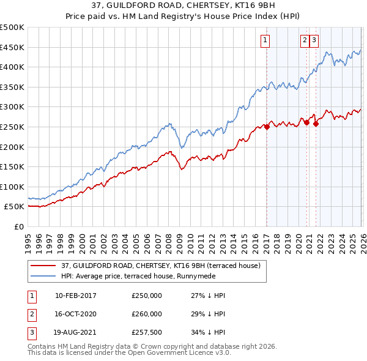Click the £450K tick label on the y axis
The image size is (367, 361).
pos(12,47)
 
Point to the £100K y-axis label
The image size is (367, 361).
pos(12,187)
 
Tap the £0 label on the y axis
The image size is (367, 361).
pos(18,226)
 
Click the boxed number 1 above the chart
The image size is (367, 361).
pos(265,41)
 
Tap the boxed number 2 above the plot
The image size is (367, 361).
pos(305,41)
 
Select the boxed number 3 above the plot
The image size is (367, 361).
pos(314,41)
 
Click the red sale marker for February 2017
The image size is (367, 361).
pos(267,127)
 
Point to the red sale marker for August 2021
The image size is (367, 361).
pos(316,124)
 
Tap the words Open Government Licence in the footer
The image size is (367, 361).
pos(179,353)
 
